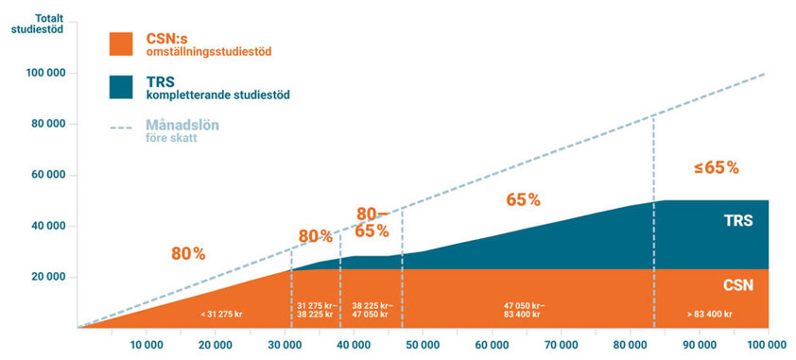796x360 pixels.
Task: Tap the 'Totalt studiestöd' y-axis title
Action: tap(35, 21)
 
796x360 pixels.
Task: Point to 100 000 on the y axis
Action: tap(44, 73)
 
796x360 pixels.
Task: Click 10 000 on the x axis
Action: tap(147, 347)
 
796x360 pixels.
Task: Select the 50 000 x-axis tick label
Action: tap(423, 347)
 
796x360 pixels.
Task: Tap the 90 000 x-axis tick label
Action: tap(699, 347)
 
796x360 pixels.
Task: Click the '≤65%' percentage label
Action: tap(716, 168)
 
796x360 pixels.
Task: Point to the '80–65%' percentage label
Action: tap(372, 222)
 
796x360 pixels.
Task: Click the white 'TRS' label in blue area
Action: tap(738, 219)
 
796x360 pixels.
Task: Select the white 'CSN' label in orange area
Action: tap(738, 283)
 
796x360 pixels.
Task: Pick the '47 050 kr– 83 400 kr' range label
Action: tap(522, 311)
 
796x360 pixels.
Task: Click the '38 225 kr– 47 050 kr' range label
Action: tap(372, 311)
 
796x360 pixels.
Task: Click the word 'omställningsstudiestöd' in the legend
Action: tap(208, 52)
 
